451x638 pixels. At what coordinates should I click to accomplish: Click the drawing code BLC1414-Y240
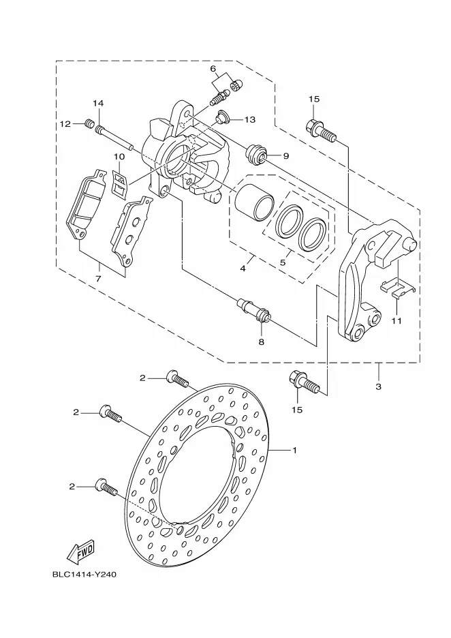(84, 575)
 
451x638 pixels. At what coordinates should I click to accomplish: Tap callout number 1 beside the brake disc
(294, 450)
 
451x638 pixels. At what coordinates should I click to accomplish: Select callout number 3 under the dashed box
(378, 386)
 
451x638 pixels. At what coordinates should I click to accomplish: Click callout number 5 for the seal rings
(283, 262)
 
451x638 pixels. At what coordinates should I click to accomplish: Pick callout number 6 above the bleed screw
(213, 68)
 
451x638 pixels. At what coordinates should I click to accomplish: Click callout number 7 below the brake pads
(98, 279)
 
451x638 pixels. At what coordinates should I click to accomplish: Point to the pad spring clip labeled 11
(397, 288)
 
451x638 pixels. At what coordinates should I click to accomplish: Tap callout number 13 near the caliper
(250, 119)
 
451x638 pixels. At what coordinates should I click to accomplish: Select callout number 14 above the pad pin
(98, 104)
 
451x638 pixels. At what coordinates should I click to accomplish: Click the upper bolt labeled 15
(321, 130)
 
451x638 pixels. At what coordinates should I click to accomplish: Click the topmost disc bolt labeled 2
(177, 378)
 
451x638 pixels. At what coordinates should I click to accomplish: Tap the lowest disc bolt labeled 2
(106, 487)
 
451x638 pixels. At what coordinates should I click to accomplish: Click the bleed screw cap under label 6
(237, 85)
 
